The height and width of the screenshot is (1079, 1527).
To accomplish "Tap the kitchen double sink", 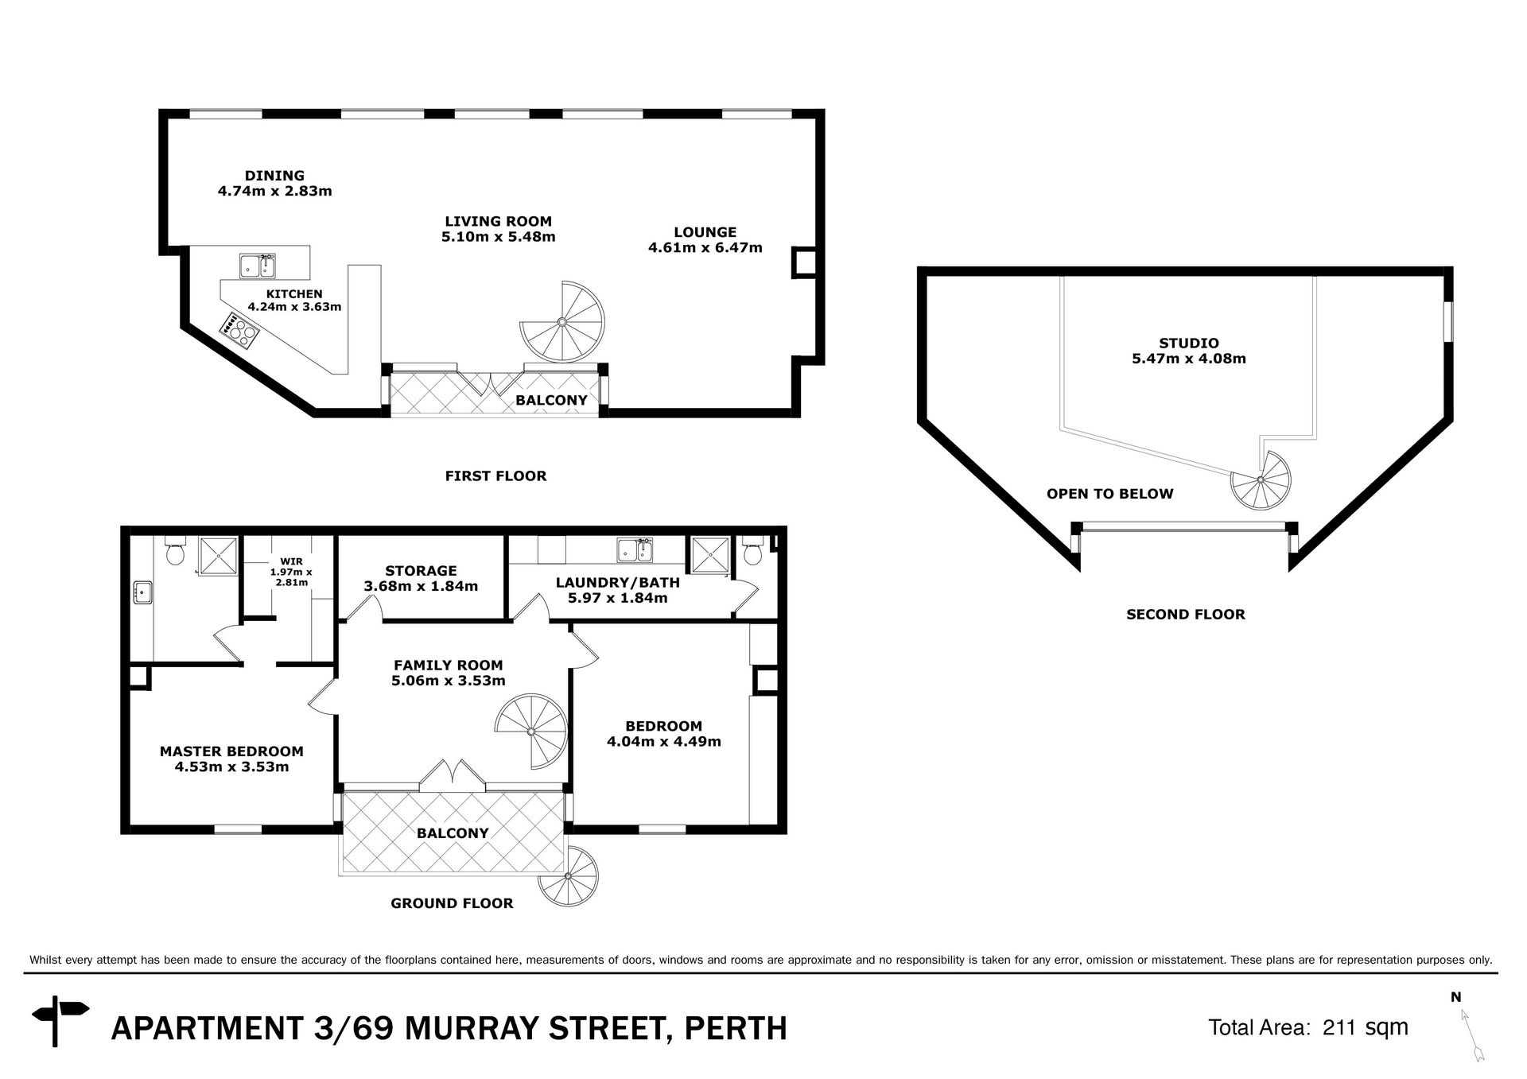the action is [258, 266].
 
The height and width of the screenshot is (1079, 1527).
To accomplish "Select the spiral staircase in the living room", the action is [562, 322].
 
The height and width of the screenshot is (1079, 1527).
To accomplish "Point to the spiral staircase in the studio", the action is [1261, 480].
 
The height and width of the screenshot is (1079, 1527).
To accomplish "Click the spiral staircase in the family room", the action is [530, 731].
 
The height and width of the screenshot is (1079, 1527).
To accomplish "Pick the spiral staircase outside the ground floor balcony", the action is [568, 876].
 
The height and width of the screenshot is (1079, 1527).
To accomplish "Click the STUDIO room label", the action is [1189, 343].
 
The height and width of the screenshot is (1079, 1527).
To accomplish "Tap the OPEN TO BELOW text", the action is [1109, 494].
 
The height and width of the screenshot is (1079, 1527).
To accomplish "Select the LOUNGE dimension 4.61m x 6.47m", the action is [705, 247].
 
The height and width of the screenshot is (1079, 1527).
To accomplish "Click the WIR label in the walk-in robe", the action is [291, 561].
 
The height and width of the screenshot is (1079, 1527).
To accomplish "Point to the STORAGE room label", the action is [421, 571].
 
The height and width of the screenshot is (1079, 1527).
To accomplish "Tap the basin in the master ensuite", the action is [143, 592].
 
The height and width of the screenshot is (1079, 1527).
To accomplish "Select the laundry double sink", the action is [635, 549].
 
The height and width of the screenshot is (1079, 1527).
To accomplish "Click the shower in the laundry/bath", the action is [710, 555].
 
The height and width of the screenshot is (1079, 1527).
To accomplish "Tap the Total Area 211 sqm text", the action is [1308, 1027].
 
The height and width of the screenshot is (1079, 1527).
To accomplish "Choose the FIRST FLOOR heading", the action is [495, 476].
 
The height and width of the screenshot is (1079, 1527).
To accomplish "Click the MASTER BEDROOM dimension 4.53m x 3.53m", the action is [231, 767].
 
